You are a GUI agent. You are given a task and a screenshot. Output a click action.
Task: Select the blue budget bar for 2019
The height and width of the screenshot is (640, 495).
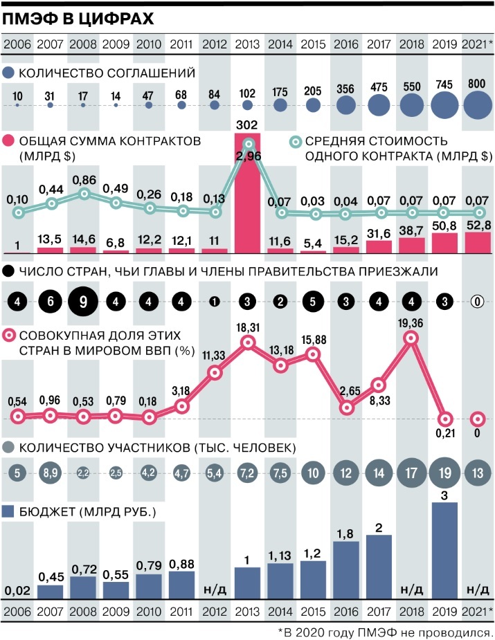pyautogui.click(x=445, y=551)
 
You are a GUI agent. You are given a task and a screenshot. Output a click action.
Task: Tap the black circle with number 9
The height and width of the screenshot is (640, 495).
pyautogui.click(x=82, y=302)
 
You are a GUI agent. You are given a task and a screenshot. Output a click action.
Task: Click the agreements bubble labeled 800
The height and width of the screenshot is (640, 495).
pyautogui.click(x=478, y=105)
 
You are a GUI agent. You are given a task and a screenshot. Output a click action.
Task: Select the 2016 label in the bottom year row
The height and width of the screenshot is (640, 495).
pyautogui.click(x=346, y=612)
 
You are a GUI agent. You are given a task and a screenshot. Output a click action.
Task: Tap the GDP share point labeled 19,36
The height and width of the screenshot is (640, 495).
pyautogui.click(x=413, y=338)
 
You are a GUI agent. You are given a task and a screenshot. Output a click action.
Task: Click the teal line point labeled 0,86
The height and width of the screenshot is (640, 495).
pyautogui.click(x=84, y=194)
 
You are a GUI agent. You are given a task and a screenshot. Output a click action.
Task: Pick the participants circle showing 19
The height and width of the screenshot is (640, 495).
pyautogui.click(x=445, y=475)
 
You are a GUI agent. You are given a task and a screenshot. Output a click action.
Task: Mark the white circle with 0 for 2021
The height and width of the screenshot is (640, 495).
pyautogui.click(x=478, y=302)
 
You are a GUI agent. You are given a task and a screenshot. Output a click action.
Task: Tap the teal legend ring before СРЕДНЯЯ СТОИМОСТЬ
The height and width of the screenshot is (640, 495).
pyautogui.click(x=294, y=141)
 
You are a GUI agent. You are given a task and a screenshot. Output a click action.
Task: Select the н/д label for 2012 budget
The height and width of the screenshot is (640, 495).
pyautogui.click(x=214, y=589)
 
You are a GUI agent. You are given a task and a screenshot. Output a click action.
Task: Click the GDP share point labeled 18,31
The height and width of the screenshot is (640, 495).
pyautogui.click(x=249, y=342)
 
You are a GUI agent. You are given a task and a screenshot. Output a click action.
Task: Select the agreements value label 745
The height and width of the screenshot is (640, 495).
pyautogui.click(x=445, y=85)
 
